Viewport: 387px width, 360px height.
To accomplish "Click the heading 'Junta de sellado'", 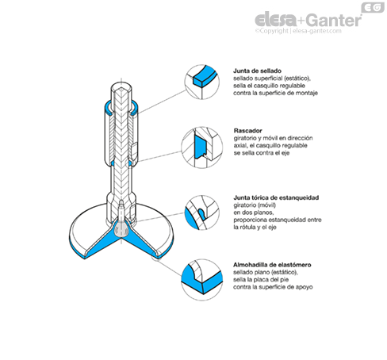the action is coord(257,71).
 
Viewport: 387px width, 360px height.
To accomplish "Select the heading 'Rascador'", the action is coord(247,131).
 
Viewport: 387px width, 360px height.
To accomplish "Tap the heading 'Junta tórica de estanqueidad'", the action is coord(276,197).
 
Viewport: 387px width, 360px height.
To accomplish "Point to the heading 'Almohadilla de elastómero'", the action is coord(272,265).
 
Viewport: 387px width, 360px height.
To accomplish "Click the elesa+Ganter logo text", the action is coord(308,20).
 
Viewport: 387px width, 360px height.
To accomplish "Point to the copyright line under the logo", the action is coord(298,31).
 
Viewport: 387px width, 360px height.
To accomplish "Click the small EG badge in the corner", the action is coord(373,7).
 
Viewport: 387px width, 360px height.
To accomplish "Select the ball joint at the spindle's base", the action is coord(121,229).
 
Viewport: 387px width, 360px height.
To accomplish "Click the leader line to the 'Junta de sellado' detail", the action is coord(162,101).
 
